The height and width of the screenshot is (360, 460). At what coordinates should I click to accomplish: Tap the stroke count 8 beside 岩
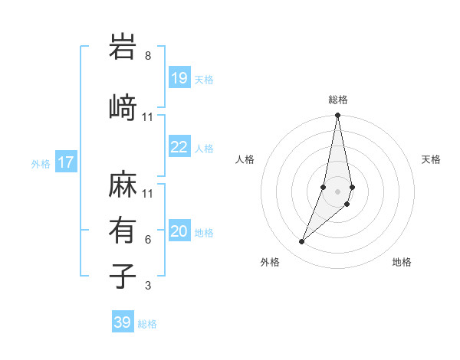click(148, 56)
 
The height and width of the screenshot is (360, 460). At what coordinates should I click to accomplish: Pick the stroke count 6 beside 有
click(148, 240)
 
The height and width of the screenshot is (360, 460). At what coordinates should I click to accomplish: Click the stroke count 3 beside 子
click(148, 286)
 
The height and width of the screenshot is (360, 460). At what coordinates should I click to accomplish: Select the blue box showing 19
click(179, 77)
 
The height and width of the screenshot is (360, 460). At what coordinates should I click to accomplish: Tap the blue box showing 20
click(179, 231)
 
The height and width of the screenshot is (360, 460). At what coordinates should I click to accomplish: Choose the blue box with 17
click(65, 162)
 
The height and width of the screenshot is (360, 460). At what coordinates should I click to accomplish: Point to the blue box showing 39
click(123, 322)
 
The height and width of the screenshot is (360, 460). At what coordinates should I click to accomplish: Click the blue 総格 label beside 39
click(148, 324)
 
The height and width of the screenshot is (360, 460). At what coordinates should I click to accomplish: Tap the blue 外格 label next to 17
click(41, 163)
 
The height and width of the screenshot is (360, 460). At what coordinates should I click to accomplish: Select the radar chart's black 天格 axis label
click(432, 159)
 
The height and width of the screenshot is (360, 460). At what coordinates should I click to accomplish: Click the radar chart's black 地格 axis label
click(402, 262)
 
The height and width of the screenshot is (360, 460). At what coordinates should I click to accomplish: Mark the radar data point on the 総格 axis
click(338, 116)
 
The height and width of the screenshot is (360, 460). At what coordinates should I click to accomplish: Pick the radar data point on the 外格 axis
click(301, 242)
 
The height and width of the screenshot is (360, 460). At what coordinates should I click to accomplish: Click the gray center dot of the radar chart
click(338, 191)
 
